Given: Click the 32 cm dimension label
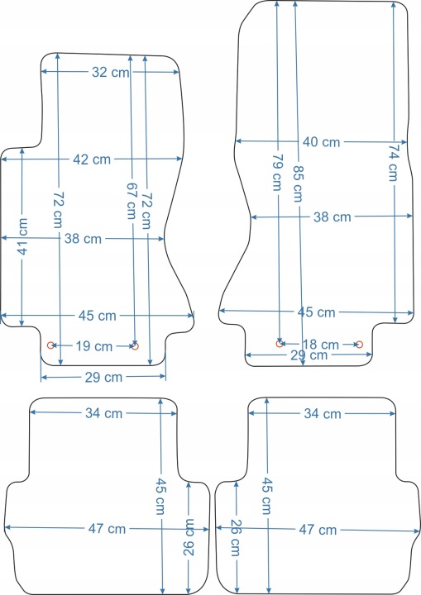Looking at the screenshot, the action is [111, 72].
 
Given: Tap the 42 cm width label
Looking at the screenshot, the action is [92, 159].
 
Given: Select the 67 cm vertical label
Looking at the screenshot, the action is [132, 201].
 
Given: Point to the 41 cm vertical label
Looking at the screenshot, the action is [23, 236].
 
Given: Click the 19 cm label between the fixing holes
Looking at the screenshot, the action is [93, 346].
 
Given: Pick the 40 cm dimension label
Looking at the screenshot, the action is [322, 142].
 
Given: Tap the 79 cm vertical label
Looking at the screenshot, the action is [278, 172].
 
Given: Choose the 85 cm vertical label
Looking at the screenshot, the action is [298, 183].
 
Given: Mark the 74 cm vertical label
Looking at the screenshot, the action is [394, 163].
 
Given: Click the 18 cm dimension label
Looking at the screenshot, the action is [320, 344].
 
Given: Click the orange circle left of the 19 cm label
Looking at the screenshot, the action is [50, 345].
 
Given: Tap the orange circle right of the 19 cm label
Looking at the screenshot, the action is [135, 346].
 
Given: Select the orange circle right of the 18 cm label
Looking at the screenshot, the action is [359, 345].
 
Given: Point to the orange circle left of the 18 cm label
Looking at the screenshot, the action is [280, 344].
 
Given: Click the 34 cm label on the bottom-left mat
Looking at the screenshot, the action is [103, 413].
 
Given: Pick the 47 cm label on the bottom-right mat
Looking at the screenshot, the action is [318, 530].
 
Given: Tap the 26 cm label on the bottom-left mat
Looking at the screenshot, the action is [189, 537].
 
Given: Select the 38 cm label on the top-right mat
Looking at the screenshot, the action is [332, 217].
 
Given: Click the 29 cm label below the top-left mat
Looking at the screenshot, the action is [103, 377].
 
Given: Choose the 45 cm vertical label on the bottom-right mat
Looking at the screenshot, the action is [266, 496].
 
